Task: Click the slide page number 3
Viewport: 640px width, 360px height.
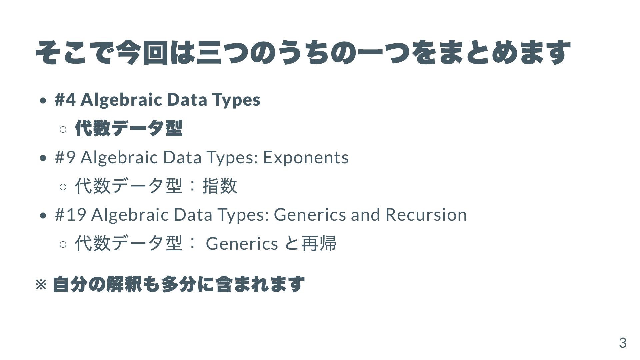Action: [x=623, y=343]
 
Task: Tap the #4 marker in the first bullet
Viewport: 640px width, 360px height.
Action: [x=65, y=100]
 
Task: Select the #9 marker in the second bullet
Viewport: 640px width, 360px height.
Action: [x=65, y=157]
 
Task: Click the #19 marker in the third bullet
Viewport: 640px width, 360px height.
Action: [x=71, y=215]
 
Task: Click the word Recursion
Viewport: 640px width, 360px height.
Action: [x=426, y=215]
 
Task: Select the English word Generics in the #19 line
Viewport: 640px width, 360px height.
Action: [x=310, y=215]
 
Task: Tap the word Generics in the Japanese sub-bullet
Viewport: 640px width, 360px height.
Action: [x=242, y=243]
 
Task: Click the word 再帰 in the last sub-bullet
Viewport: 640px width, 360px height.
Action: [x=319, y=243]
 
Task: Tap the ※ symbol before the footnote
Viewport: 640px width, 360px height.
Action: [x=41, y=285]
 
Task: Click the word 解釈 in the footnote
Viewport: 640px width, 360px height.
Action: [x=124, y=284]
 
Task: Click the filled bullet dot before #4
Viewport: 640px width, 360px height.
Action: [x=43, y=101]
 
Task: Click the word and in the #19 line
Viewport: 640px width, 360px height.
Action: [x=365, y=215]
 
